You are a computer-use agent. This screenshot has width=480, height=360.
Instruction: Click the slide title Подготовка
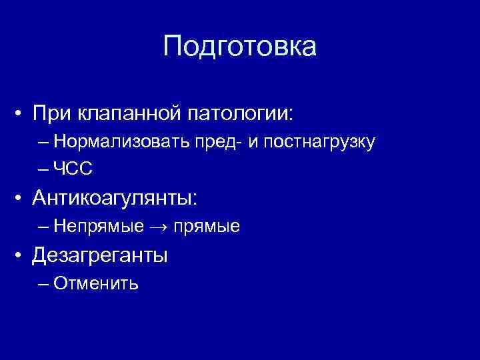240,47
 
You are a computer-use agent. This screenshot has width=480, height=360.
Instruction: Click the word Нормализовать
113,141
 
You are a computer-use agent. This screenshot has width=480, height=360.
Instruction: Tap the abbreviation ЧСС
73,170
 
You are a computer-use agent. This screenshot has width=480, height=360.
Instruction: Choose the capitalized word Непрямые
99,227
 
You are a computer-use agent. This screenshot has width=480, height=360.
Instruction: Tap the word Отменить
96,284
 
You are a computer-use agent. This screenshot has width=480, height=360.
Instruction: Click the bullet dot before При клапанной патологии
23,113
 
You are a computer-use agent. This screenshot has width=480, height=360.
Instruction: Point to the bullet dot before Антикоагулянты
23,198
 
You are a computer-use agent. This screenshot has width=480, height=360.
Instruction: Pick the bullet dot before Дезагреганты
23,255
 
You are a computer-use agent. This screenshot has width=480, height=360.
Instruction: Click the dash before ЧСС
44,170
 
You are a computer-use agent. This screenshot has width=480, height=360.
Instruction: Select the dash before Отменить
44,284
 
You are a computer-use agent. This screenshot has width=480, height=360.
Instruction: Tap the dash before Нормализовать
44,141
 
